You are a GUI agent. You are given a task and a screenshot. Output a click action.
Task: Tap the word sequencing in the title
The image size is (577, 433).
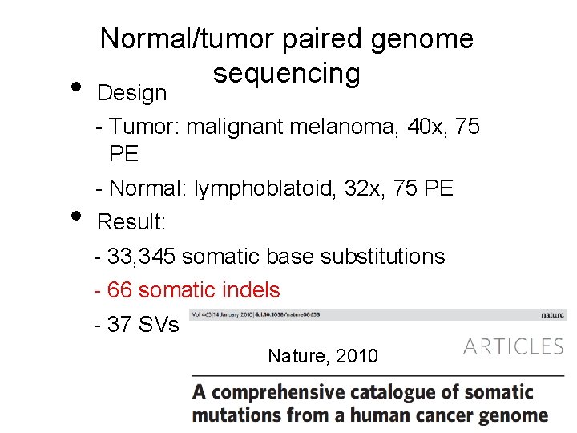coord(286,73)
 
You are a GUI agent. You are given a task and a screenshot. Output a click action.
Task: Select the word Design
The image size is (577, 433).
coord(131,93)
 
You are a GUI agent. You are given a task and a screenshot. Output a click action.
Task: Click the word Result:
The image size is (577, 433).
coord(131,222)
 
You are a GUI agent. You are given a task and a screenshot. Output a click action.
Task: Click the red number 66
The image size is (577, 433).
coord(119,290)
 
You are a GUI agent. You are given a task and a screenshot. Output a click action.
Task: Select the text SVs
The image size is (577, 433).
coord(157,325)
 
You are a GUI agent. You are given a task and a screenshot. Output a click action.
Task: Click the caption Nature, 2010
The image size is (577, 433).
coord(323,355)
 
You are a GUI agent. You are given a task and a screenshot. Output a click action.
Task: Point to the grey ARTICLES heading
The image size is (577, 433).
coord(513,346)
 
